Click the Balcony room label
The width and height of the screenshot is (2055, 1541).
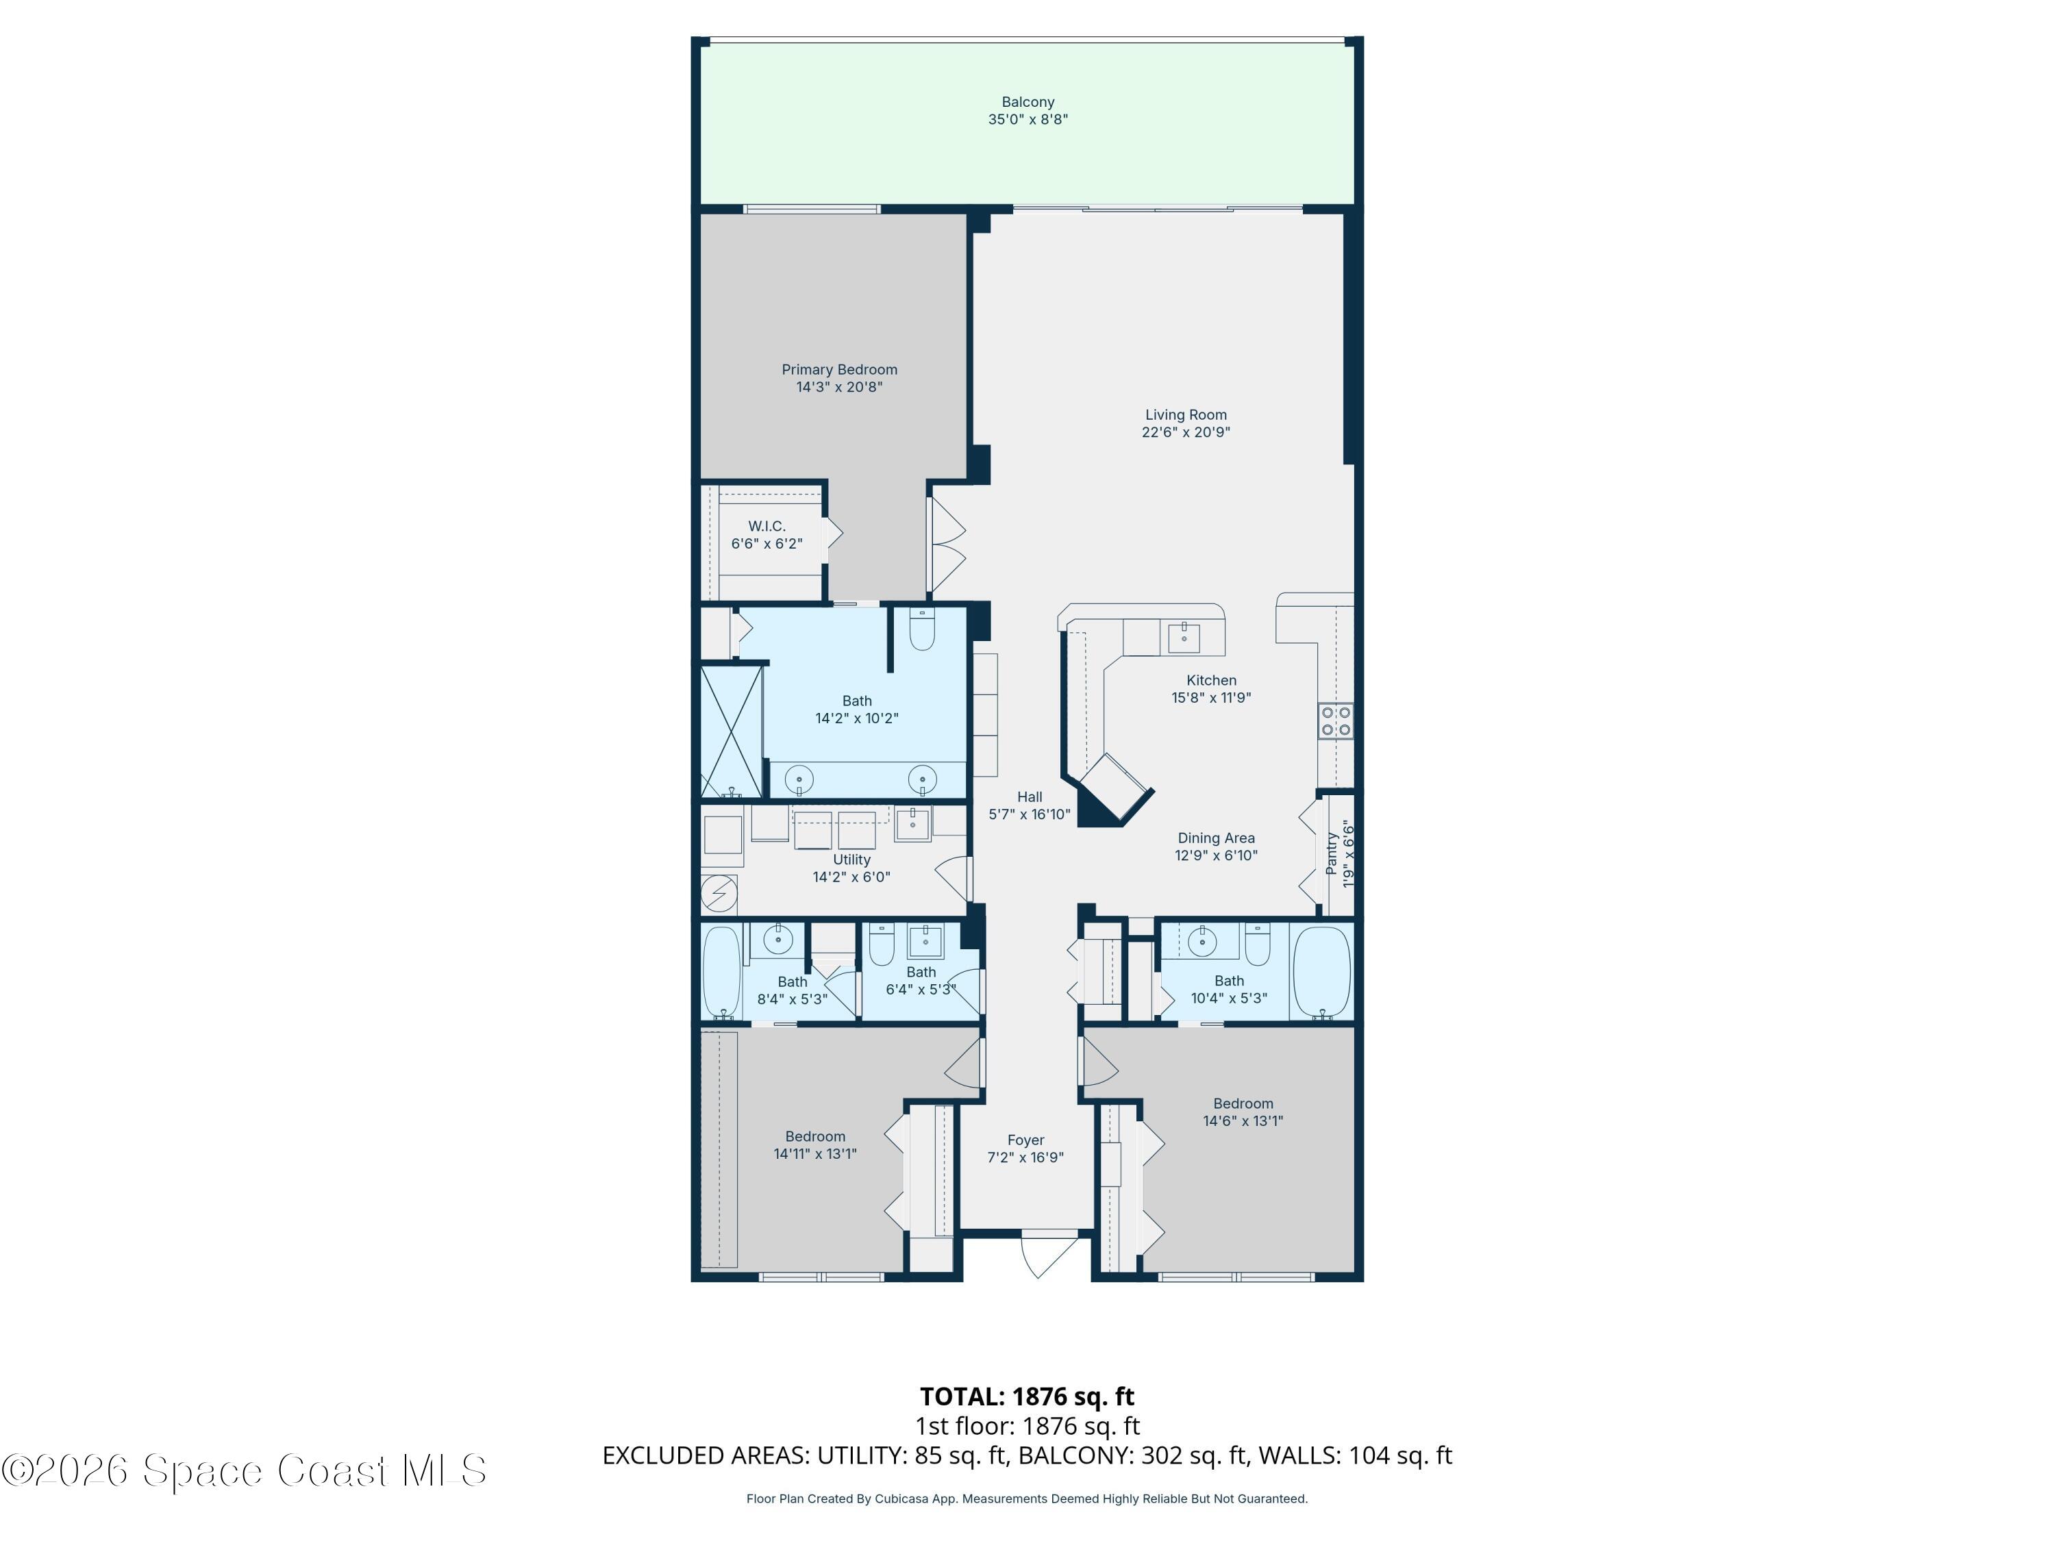pyautogui.click(x=1027, y=102)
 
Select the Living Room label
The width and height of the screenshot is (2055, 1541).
pyautogui.click(x=1186, y=415)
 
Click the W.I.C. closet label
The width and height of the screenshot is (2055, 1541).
pyautogui.click(x=767, y=527)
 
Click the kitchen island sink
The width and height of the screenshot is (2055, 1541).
pyautogui.click(x=1184, y=638)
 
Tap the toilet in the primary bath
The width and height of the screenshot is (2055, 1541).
pyautogui.click(x=921, y=631)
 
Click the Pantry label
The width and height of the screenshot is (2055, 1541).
pyautogui.click(x=1331, y=853)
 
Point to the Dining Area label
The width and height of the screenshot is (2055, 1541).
pyautogui.click(x=1216, y=838)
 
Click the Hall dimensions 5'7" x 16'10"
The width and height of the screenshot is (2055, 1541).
pyautogui.click(x=1030, y=814)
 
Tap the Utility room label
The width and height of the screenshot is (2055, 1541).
pyautogui.click(x=851, y=860)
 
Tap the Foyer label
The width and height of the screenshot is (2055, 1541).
pyautogui.click(x=1025, y=1140)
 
